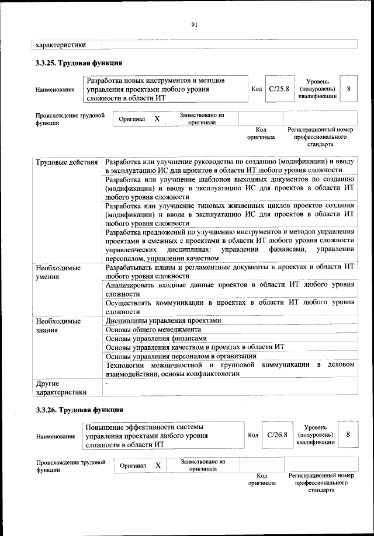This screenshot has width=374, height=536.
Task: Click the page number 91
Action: pos(195,24)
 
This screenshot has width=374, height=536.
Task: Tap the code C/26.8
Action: pos(278,435)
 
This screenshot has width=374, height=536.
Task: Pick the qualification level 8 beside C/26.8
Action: pos(348,435)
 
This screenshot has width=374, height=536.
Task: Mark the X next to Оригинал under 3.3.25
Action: pos(157,119)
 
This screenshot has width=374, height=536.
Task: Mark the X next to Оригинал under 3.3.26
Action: pos(158,465)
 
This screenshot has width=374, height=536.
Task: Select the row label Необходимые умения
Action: pos(58,272)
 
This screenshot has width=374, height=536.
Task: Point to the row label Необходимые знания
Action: pos(58,326)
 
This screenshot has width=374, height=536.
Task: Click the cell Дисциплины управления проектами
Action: pos(164,321)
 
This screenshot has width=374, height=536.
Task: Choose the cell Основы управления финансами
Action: pos(156,339)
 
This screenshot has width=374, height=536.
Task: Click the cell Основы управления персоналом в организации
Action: pos(181,356)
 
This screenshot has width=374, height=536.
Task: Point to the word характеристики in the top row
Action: pos(61,44)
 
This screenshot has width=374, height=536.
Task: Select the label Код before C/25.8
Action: pos(256,89)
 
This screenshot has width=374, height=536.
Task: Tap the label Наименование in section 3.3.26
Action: pos(55,436)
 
